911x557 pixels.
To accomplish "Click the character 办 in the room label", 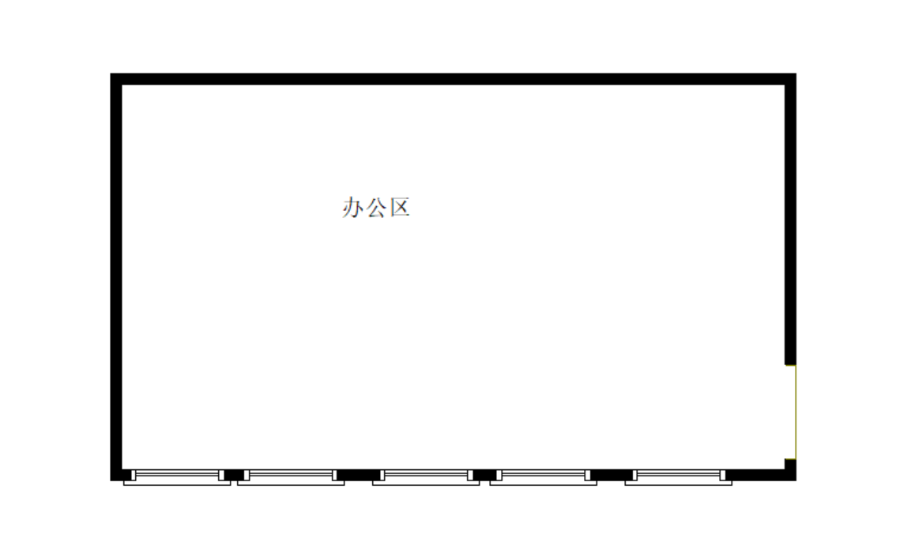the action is pos(352,207).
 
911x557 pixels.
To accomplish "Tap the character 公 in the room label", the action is pos(376,207).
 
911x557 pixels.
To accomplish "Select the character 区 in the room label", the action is pos(400,207).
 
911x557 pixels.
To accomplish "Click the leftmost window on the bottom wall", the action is pos(177,477).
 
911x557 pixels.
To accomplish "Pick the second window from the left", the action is pos(291,477).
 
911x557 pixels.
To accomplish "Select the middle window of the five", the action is pos(426,477).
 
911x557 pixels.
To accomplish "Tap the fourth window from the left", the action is pos(544,477).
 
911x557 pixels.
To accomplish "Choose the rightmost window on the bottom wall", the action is pos(678,477).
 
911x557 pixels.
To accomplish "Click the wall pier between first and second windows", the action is pos(234,475).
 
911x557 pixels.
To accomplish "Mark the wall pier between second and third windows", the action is pos(359,475).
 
